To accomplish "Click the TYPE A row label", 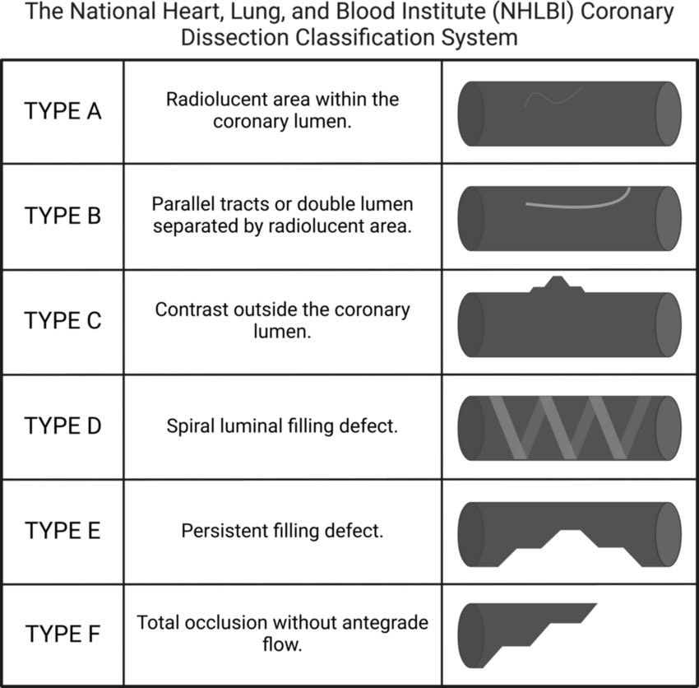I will point(62,111).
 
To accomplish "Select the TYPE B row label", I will point(62,216).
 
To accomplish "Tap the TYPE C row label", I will point(62,321).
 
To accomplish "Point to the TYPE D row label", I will point(62,426).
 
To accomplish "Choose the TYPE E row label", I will point(62,531).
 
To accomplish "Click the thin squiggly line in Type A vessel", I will point(553,98).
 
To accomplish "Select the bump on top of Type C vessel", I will point(558,285).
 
